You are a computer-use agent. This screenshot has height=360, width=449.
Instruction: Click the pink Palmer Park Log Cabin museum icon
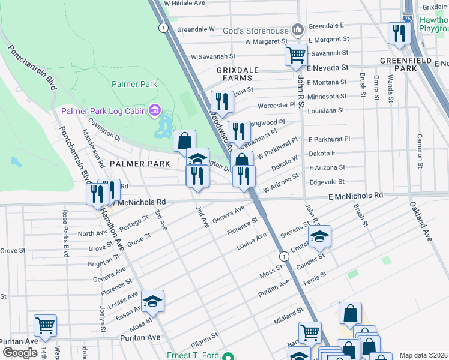(x=155, y=110)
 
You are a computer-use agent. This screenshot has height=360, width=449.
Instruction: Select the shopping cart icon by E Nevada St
(x=296, y=55)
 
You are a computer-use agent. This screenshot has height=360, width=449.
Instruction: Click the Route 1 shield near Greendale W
(x=163, y=28)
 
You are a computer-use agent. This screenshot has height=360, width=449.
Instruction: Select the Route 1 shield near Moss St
(x=285, y=256)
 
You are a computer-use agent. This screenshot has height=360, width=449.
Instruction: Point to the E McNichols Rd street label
(x=355, y=196)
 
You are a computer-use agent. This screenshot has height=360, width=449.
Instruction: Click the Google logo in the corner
(x=20, y=353)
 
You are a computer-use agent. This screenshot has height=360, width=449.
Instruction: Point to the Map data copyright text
(x=423, y=355)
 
